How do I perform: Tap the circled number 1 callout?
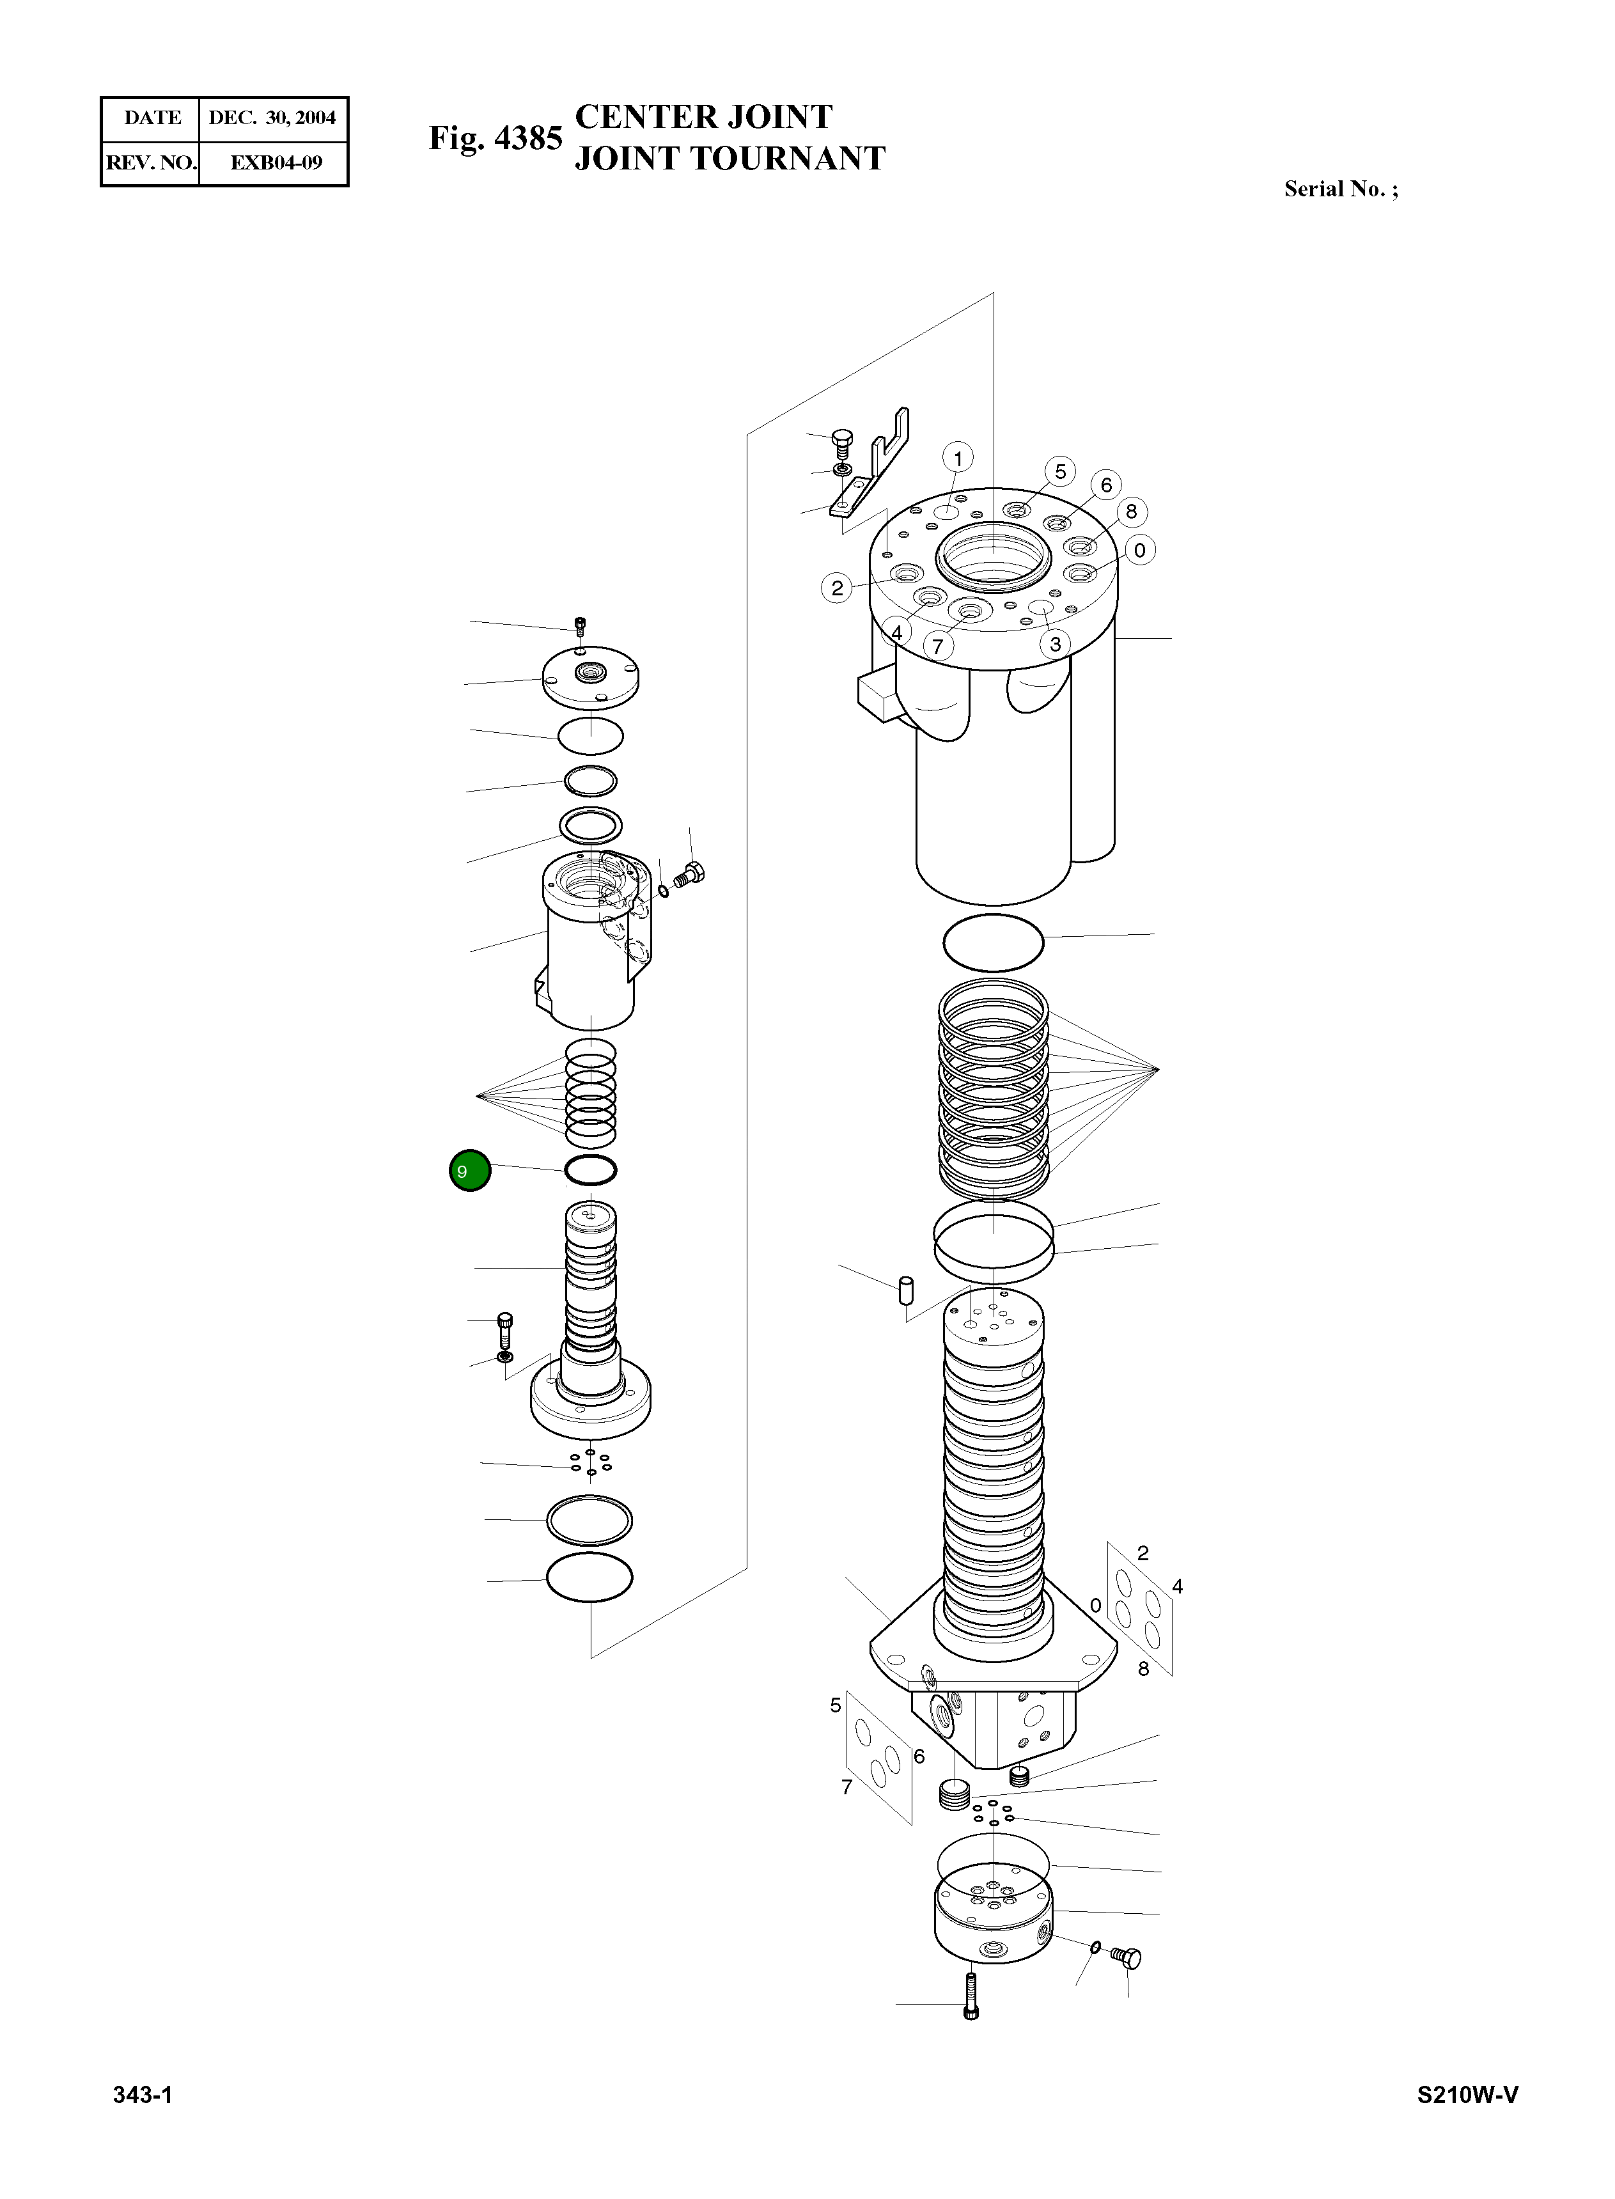pos(957,458)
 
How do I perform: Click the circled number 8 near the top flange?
pos(1131,512)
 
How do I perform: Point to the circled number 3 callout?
pos(1055,645)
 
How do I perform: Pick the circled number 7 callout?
pos(937,646)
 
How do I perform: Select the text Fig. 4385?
pos(495,138)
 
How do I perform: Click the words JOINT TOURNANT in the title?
pos(729,159)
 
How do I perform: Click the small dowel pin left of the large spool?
pos(905,1288)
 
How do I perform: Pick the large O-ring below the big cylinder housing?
pos(994,942)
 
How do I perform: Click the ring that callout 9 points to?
pos(591,1170)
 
